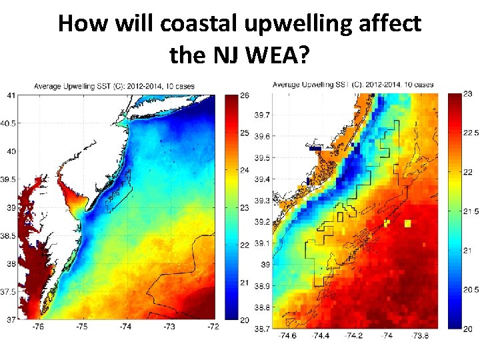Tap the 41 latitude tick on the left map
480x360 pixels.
point(12,95)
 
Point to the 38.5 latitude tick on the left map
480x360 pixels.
point(9,236)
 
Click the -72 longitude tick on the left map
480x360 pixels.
point(213,327)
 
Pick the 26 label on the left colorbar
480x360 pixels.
point(245,97)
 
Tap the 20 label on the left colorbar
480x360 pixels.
point(245,320)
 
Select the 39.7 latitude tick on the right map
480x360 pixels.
point(262,115)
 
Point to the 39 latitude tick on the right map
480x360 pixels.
point(265,265)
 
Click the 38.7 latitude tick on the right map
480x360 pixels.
point(262,329)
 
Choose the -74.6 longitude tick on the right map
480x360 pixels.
point(286,336)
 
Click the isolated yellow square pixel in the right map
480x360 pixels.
point(407,224)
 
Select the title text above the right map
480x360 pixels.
point(353,85)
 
